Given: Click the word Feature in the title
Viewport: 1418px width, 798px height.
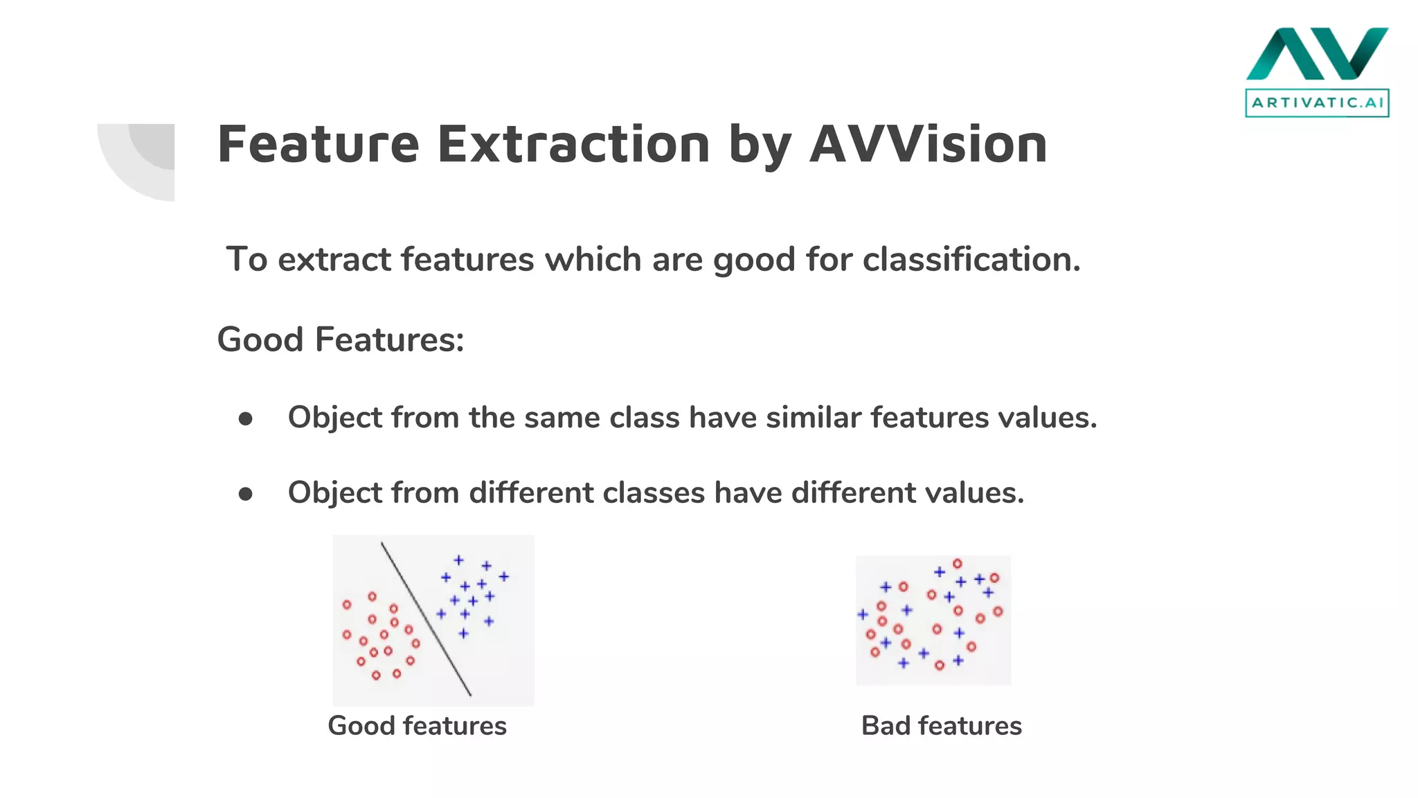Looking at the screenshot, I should [x=318, y=144].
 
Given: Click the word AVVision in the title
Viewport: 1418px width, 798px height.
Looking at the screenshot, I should [x=928, y=144].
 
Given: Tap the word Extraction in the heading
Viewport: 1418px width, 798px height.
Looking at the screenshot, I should [x=573, y=144].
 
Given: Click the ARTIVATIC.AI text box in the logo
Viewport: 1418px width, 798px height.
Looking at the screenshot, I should [x=1317, y=103].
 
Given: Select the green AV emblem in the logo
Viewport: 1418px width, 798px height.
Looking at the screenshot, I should [x=1317, y=54].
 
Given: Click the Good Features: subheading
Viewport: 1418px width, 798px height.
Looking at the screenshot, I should [x=340, y=339].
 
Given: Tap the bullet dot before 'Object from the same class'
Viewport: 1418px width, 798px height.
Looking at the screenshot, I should [x=245, y=419].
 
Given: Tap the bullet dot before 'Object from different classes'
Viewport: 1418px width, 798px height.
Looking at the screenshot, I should [x=245, y=494].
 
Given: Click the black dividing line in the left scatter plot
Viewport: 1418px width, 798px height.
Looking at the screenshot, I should [x=426, y=619].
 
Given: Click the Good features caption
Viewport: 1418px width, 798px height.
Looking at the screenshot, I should [x=417, y=726].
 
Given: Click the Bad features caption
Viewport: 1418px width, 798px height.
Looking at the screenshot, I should [x=941, y=726].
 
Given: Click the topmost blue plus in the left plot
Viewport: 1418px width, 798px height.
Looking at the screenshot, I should [x=458, y=560].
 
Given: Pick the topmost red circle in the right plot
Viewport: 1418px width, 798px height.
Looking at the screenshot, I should [x=957, y=564].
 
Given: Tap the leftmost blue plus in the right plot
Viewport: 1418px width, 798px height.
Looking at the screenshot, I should [x=863, y=614].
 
